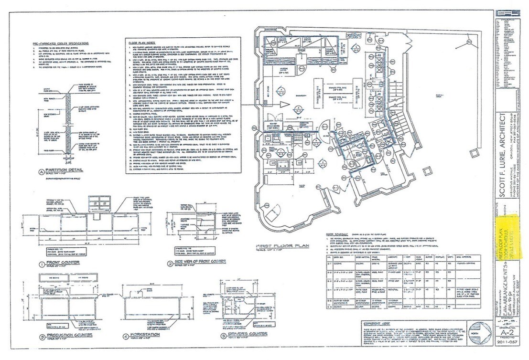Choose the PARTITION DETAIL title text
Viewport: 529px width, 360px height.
pyautogui.click(x=59, y=172)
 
